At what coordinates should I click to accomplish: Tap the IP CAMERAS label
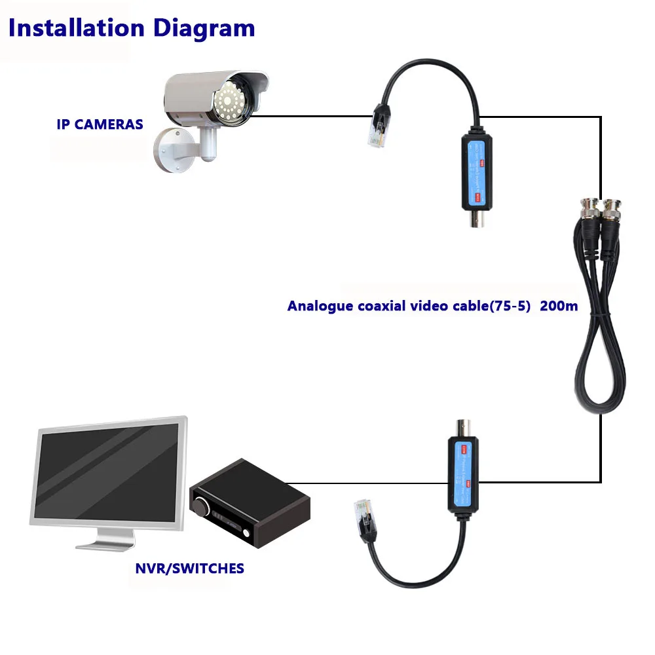[x=100, y=124]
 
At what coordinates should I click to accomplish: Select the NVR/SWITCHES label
[x=189, y=568]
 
